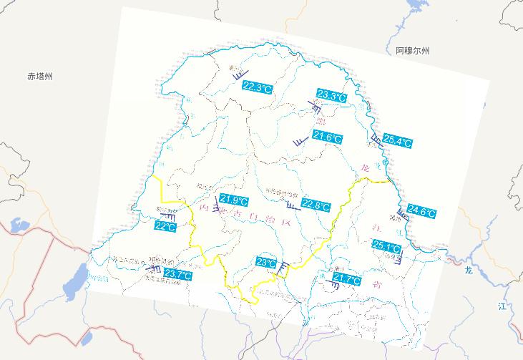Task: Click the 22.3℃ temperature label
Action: click(x=258, y=87)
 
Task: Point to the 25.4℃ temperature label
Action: click(x=398, y=141)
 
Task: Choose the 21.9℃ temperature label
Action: click(x=234, y=200)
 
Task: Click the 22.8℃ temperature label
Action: click(x=316, y=205)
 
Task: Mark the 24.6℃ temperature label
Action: click(x=421, y=211)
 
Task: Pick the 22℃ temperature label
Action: click(x=165, y=226)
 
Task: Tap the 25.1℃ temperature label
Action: click(x=387, y=246)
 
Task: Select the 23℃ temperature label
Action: click(x=266, y=263)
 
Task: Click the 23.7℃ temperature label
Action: click(x=178, y=274)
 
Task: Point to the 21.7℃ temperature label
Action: click(x=346, y=280)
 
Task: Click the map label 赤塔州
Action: click(x=41, y=76)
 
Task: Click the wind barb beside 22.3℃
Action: click(x=239, y=74)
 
